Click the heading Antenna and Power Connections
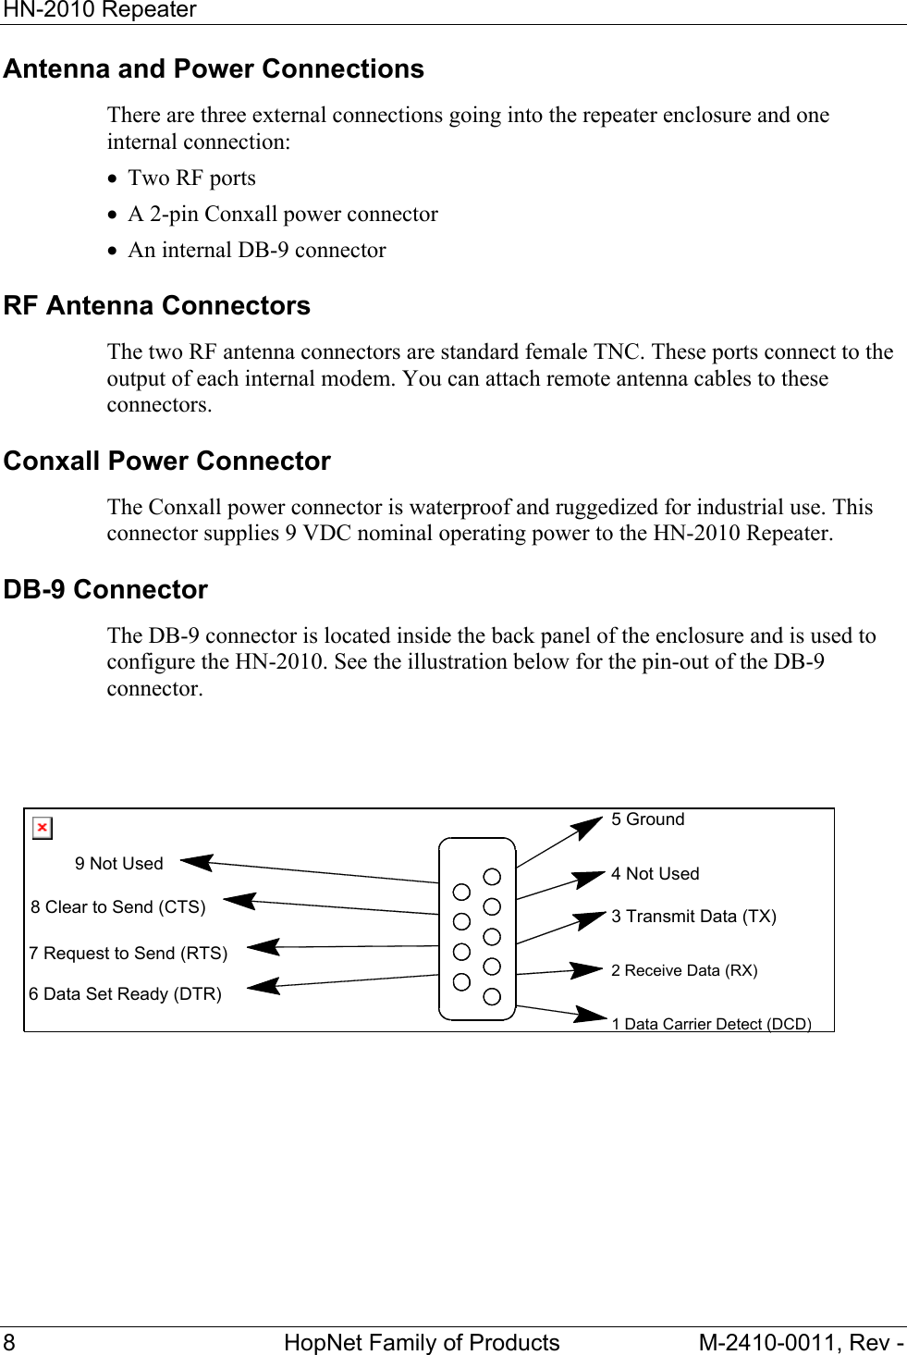tap(214, 69)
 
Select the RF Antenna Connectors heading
tap(157, 306)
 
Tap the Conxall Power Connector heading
tap(167, 462)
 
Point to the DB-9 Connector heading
tap(105, 590)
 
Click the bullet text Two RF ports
tap(191, 179)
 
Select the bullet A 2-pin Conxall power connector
tap(282, 215)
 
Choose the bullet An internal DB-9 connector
tap(256, 251)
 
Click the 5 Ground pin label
tap(647, 819)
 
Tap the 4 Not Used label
tap(655, 874)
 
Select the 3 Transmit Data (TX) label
tap(693, 917)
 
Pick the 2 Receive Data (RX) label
tap(684, 970)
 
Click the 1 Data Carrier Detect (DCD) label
tap(711, 1024)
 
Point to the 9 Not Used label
tap(119, 864)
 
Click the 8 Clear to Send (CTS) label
tap(118, 907)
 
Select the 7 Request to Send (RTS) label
tap(128, 954)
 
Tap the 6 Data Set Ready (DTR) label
tap(125, 994)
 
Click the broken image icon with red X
tap(43, 828)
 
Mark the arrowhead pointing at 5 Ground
tap(588, 827)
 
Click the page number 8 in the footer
tap(9, 1343)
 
